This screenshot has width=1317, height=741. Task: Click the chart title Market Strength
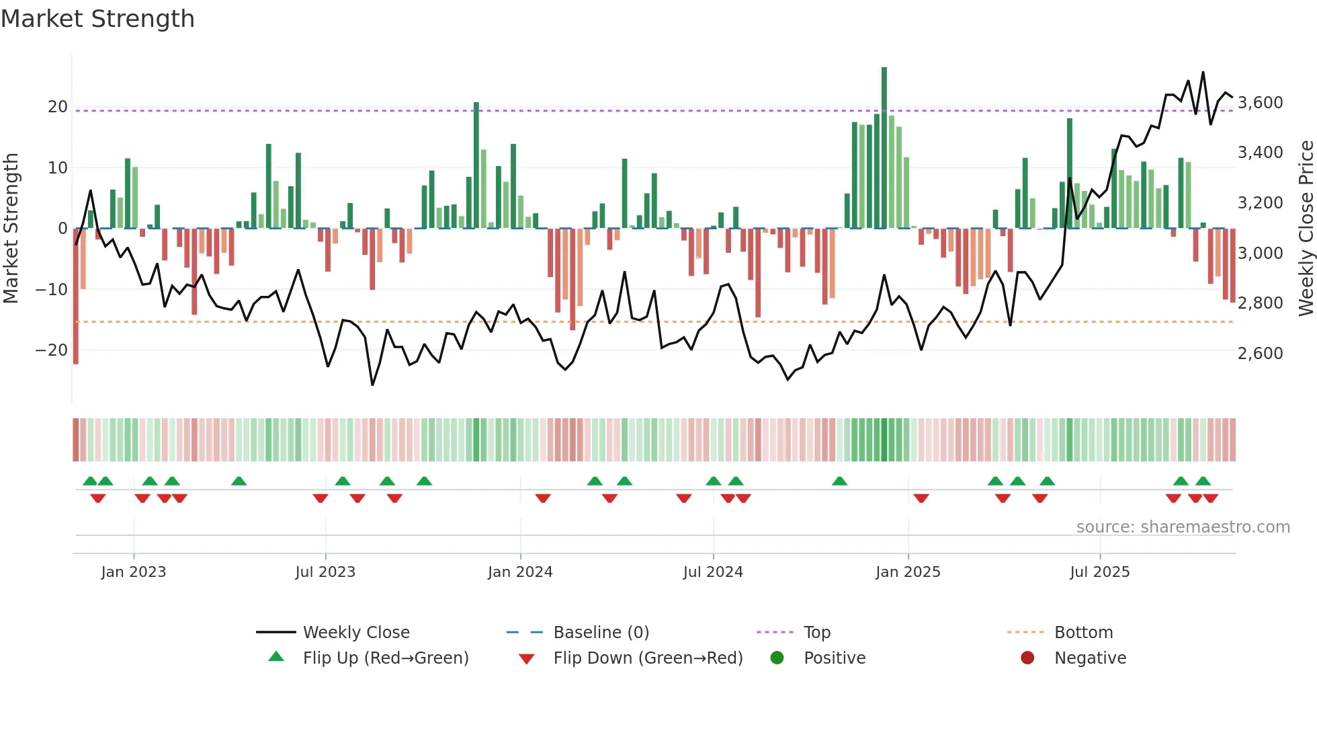coord(97,19)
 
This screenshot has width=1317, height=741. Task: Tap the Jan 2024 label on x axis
coord(520,572)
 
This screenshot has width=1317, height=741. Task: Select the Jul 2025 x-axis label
coord(1099,572)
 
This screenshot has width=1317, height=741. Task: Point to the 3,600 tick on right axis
coord(1260,103)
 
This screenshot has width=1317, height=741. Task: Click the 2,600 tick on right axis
coord(1260,354)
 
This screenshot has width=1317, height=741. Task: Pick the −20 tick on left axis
coord(52,350)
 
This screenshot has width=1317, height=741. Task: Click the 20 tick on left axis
coord(57,107)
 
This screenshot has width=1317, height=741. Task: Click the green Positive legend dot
coord(777,658)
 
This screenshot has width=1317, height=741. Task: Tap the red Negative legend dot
coord(1027,658)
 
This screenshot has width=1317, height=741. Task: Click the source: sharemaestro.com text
coord(1183,526)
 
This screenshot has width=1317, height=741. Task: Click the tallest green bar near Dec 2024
coord(884,148)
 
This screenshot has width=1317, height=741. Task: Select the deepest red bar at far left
coord(76,296)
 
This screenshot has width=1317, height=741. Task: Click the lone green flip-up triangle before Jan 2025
coord(839,481)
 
